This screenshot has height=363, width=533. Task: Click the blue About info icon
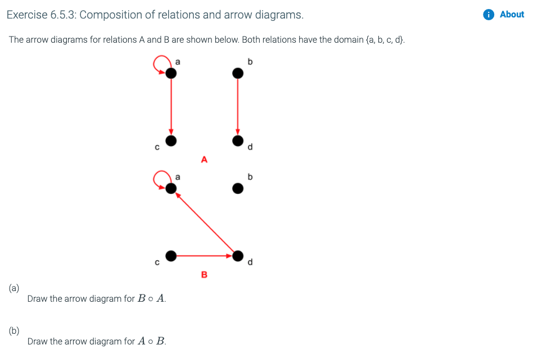pyautogui.click(x=489, y=15)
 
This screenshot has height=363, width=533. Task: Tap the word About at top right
pyautogui.click(x=512, y=15)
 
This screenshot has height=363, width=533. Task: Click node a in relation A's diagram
pyautogui.click(x=171, y=73)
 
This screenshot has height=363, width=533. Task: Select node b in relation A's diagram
pyautogui.click(x=238, y=73)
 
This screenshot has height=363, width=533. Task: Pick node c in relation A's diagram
pyautogui.click(x=171, y=140)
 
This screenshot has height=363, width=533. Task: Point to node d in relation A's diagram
pyautogui.click(x=238, y=140)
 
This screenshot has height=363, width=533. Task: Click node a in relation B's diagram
pyautogui.click(x=171, y=189)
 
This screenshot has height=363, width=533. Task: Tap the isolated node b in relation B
pyautogui.click(x=238, y=189)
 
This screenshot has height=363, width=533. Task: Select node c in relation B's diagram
pyautogui.click(x=171, y=256)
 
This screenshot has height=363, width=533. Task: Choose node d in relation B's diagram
pyautogui.click(x=238, y=256)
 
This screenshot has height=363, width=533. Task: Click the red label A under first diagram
pyautogui.click(x=204, y=160)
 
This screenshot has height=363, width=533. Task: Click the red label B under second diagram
pyautogui.click(x=204, y=275)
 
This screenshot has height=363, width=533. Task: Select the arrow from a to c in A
pyautogui.click(x=171, y=107)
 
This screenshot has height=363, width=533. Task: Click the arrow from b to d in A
pyautogui.click(x=238, y=107)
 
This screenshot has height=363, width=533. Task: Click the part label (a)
pyautogui.click(x=14, y=288)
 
